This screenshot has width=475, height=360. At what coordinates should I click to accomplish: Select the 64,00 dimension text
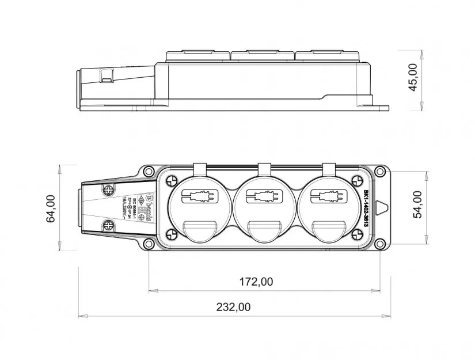pyautogui.click(x=51, y=208)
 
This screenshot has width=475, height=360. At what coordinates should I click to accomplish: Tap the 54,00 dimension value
pyautogui.click(x=417, y=204)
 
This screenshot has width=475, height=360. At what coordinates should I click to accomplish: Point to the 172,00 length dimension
pyautogui.click(x=256, y=282)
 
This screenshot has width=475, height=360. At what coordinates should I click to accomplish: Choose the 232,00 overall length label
pyautogui.click(x=233, y=307)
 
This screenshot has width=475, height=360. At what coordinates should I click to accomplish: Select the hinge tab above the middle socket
pyautogui.click(x=264, y=169)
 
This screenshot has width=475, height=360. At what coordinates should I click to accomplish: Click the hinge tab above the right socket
pyautogui.click(x=329, y=169)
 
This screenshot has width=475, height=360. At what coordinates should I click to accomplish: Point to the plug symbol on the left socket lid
pyautogui.click(x=200, y=197)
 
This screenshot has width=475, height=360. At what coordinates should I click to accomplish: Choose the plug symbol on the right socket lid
pyautogui.click(x=329, y=197)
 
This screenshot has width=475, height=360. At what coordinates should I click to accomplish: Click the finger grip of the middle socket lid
pyautogui.click(x=264, y=229)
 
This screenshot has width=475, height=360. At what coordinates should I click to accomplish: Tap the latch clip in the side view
pyautogui.click(x=107, y=75)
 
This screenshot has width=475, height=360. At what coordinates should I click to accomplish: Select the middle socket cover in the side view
pyautogui.click(x=263, y=56)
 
